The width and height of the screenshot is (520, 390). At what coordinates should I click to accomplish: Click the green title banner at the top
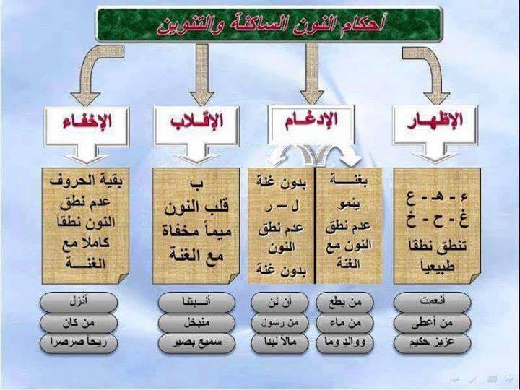pos(269,24)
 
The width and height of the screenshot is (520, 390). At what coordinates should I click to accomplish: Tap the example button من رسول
pos(281,321)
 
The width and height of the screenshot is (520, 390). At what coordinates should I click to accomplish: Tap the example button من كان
pos(77,321)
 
